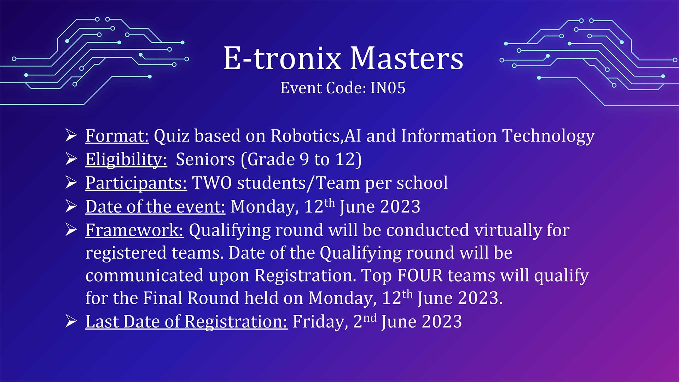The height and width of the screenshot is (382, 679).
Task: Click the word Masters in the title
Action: point(407,58)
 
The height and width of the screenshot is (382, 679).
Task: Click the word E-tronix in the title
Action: point(283,58)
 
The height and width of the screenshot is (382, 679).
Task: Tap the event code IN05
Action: point(388,88)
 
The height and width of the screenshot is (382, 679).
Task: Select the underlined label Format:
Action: point(117,136)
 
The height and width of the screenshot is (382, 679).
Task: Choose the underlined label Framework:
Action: point(134,231)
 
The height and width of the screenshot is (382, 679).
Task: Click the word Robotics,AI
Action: point(316,136)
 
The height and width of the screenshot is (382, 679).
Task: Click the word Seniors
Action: point(205,160)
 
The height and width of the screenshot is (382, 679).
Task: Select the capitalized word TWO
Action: point(212,183)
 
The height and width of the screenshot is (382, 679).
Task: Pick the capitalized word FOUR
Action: point(420,276)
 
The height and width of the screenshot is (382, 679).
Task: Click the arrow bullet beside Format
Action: point(71,135)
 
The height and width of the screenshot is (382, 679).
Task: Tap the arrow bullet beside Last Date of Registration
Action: point(71,321)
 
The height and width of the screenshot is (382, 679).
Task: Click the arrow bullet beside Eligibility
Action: point(71,159)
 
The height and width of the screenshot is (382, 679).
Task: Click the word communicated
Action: point(144,276)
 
